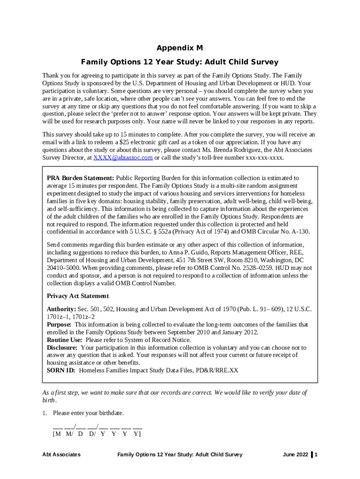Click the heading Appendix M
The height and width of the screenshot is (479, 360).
tap(180, 48)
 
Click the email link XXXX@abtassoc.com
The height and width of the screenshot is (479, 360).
tap(123, 158)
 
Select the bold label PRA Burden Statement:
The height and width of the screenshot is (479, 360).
tap(80, 178)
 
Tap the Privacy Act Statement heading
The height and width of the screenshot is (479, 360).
tap(78, 296)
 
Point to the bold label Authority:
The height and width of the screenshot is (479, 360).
tap(61, 310)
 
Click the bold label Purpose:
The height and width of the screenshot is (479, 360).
tap(59, 325)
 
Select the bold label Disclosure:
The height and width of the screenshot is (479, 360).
tap(62, 348)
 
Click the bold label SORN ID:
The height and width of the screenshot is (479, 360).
tap(61, 370)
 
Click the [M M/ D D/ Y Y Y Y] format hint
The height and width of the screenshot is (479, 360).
tap(97, 434)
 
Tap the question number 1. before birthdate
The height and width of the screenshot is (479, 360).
tap(45, 413)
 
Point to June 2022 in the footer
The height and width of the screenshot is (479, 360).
tap(295, 455)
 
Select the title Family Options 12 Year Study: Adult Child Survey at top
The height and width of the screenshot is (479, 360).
tap(180, 62)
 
